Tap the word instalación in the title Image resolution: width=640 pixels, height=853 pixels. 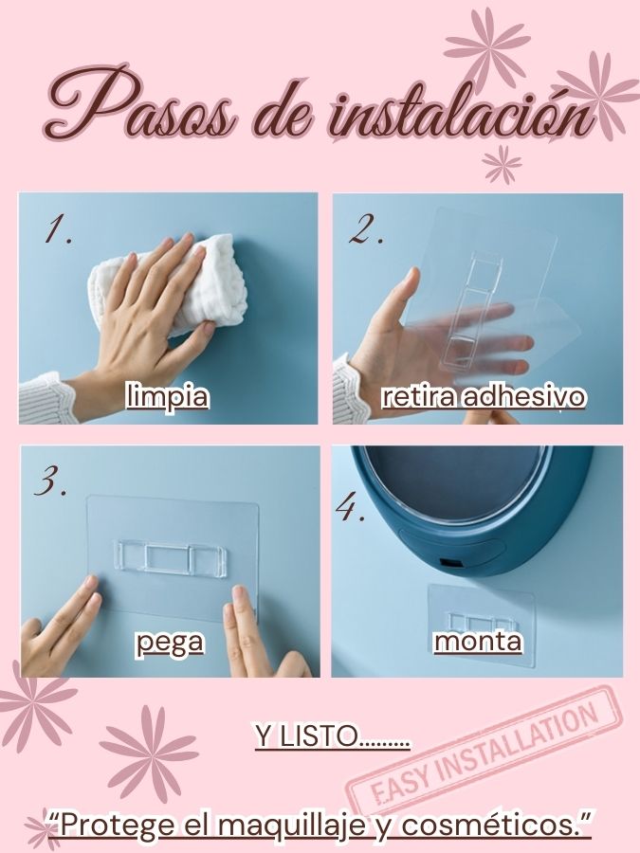[x=461, y=112]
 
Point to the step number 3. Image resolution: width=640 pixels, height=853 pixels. [x=50, y=481]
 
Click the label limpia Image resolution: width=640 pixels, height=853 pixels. [x=167, y=395]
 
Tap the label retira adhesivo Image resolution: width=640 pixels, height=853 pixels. [x=484, y=396]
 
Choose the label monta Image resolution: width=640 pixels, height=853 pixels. [x=478, y=642]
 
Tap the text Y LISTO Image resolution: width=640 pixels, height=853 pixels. [x=333, y=736]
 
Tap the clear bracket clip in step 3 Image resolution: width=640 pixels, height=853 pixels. [x=171, y=558]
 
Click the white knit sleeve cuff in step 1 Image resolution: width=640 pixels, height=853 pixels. [x=46, y=397]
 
